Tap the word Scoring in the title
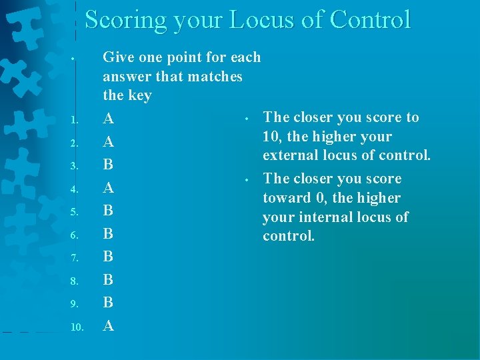click(124, 20)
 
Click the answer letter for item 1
click(109, 119)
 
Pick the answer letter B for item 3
click(109, 165)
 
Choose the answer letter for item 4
click(109, 188)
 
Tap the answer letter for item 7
click(109, 257)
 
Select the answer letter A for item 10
click(109, 326)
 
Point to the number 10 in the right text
click(271, 137)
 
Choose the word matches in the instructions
click(215, 77)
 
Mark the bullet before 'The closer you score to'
click(245, 119)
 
